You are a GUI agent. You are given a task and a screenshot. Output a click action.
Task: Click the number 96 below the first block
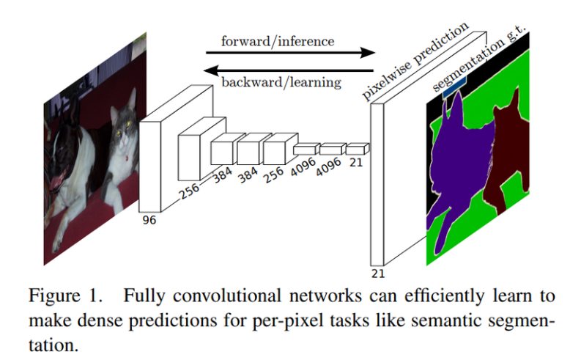pyautogui.click(x=149, y=219)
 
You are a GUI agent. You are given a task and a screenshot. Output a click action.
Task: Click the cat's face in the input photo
pyautogui.click(x=122, y=122)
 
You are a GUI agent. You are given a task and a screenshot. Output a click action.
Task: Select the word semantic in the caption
pyautogui.click(x=410, y=321)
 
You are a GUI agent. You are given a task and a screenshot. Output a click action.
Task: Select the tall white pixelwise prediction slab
pyautogui.click(x=377, y=183)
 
